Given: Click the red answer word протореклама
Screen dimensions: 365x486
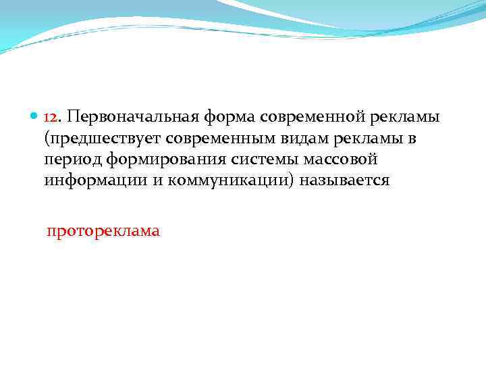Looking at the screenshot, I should [x=103, y=232].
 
